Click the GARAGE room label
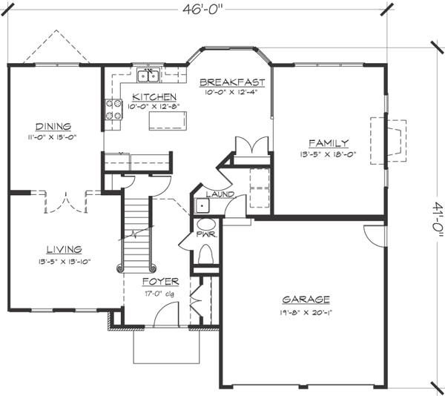coord(306,300)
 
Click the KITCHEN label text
coord(154,97)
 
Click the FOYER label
coord(161,282)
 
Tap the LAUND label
coord(220,195)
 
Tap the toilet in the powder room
coord(207,253)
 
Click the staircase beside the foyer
coord(136,230)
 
